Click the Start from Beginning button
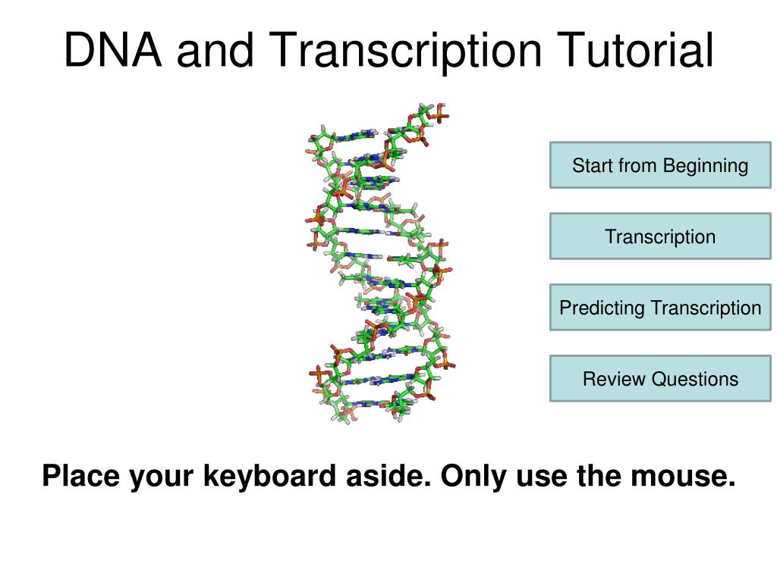click(660, 165)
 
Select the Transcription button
click(660, 236)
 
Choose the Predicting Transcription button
click(660, 308)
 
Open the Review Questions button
click(660, 379)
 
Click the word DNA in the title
click(113, 49)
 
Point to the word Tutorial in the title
click(635, 49)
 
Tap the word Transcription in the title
click(405, 52)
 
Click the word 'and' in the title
click(215, 49)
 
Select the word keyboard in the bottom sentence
click(269, 476)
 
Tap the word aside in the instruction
click(388, 476)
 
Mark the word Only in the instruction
click(474, 476)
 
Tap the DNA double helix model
click(380, 262)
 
